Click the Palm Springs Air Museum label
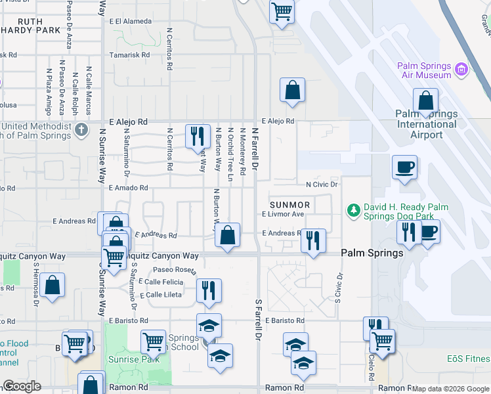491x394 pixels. click(x=424, y=70)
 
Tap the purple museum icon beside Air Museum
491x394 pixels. click(x=461, y=68)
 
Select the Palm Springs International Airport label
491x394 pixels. click(x=427, y=124)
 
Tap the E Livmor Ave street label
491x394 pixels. click(x=283, y=214)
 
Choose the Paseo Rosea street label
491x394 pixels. click(x=175, y=269)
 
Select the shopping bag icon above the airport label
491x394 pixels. click(x=425, y=101)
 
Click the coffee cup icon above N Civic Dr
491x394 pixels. click(x=404, y=167)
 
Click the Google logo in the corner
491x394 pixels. click(x=21, y=386)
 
